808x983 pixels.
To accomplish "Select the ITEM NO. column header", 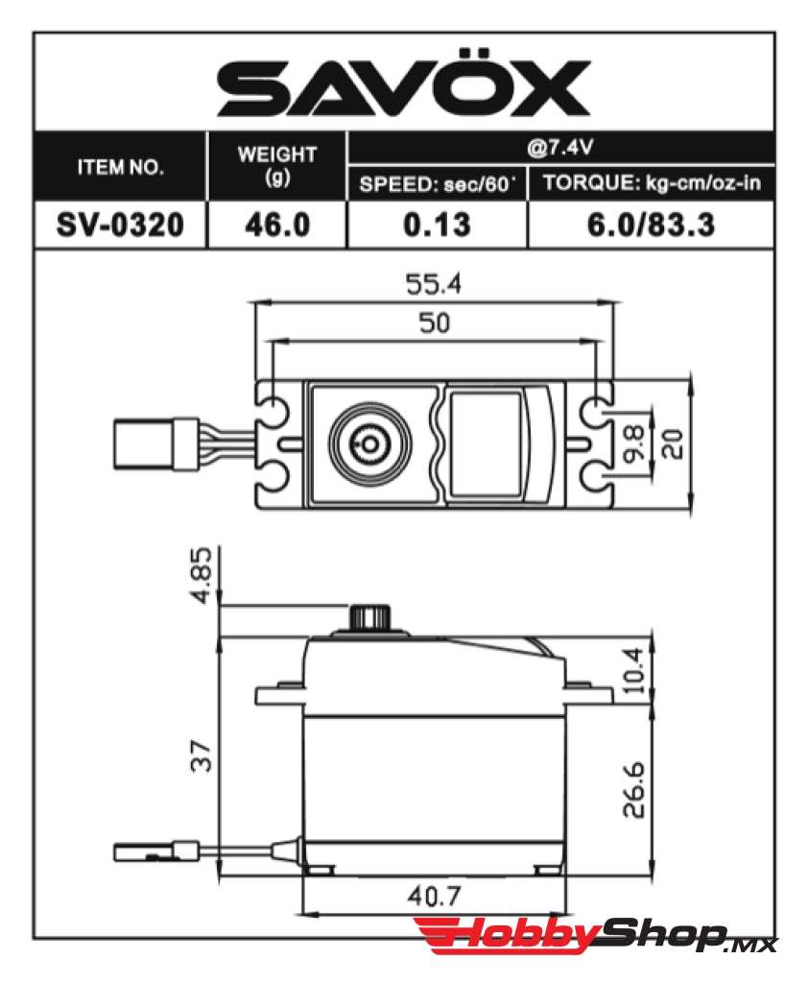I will pos(120,167).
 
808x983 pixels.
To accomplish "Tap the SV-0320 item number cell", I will pos(119,226).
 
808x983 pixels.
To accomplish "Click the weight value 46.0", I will pos(276,226).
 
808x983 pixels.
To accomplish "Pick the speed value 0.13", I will pos(437,226).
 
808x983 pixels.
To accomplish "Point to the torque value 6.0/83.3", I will pos(652,226).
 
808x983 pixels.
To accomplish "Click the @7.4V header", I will pos(559,149).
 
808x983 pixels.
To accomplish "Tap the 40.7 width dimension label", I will pos(432,897).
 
